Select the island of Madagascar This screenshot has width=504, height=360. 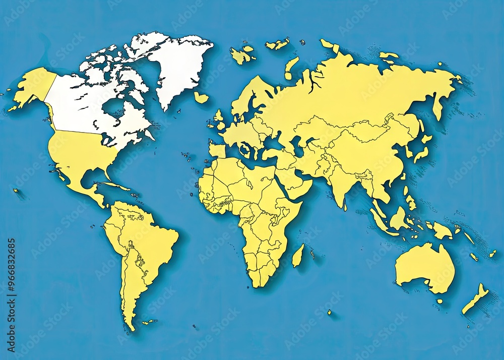pos(298,256)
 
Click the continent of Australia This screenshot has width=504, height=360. pos(423,267)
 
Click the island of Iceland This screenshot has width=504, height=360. pos(201,97)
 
